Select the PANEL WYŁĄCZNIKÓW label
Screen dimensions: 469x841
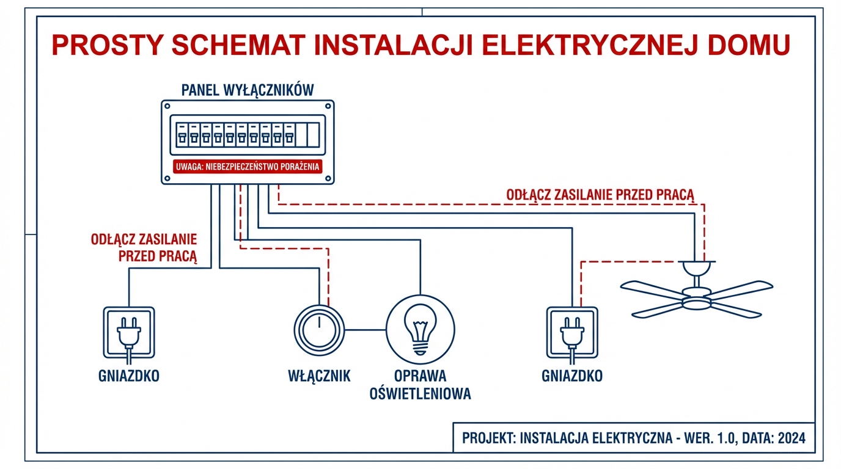pos(248,90)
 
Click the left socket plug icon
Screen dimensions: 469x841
pos(129,333)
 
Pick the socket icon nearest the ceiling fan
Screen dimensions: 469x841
pos(571,333)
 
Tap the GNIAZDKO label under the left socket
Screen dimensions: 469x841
pos(129,376)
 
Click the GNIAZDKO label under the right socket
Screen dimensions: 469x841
pos(572,376)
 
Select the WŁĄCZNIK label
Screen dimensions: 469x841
pos(319,376)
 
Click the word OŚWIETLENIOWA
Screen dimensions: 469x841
pos(420,394)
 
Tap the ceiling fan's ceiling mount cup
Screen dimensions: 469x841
pos(696,268)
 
